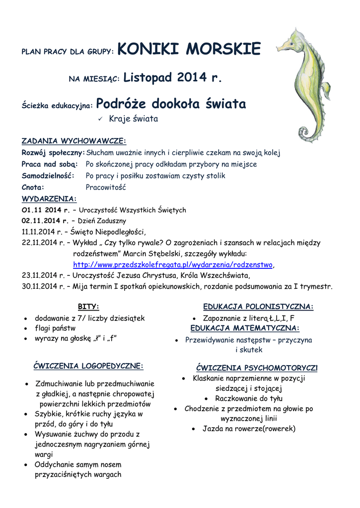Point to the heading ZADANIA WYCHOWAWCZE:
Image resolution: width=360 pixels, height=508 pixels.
pos(74,140)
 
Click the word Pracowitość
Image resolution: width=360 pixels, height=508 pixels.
pos(106,188)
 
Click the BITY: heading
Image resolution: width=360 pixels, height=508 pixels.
pos(88,307)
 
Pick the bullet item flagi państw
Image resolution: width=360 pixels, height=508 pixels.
pos(55,328)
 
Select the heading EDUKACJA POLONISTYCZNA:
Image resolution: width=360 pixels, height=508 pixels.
pos(258,307)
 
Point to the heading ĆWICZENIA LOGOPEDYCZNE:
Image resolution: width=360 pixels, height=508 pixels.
pos(88,366)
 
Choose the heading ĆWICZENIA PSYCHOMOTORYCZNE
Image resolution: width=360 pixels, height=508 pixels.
pos(256,368)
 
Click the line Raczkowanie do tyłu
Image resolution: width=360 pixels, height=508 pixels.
pos(249,398)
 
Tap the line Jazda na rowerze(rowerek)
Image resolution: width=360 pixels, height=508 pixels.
pos(249,429)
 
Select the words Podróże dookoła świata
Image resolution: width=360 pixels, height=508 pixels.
pos(171,104)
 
